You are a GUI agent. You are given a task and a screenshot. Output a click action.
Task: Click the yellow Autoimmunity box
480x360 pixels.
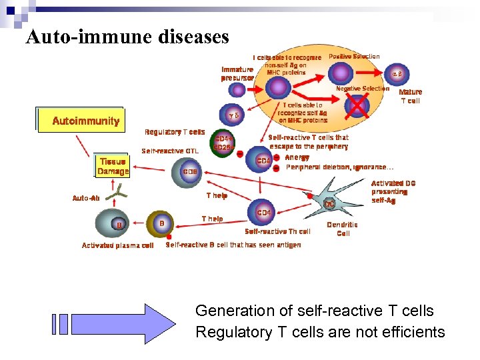point(85,121)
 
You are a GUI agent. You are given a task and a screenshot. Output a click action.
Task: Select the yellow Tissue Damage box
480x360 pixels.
point(113,167)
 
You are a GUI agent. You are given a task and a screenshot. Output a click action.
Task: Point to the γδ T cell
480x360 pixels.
point(233,115)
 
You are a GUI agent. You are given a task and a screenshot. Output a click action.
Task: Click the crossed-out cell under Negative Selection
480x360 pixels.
point(357,105)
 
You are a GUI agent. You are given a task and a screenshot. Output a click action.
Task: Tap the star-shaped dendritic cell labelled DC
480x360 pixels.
point(329,203)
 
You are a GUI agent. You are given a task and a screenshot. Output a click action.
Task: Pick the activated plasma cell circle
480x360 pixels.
point(118,225)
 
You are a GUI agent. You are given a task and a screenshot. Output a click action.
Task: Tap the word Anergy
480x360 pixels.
point(297,157)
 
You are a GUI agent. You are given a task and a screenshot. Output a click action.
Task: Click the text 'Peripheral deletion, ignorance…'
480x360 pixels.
point(339,167)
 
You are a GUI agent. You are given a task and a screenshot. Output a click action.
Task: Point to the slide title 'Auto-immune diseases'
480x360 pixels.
point(127,37)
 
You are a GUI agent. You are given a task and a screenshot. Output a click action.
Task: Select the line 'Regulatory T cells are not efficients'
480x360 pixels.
point(319,332)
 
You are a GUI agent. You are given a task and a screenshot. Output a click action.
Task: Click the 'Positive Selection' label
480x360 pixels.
point(354,57)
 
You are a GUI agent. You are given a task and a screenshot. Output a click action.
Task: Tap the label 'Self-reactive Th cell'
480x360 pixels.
point(277,231)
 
